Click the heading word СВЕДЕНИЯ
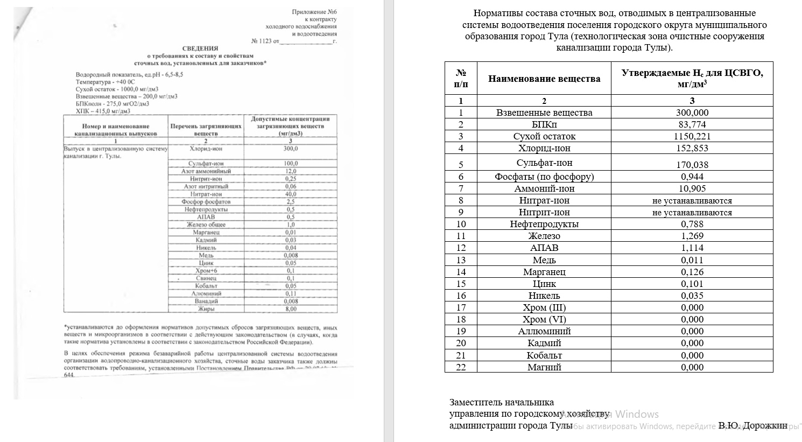coord(200,48)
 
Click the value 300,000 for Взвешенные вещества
coord(692,113)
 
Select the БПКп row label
coord(544,124)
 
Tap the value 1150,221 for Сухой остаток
coord(692,136)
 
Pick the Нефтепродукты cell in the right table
coord(544,224)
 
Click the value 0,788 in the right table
coord(692,224)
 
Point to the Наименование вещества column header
coord(544,79)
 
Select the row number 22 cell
coord(461,367)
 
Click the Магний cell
coord(544,367)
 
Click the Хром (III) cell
coord(544,307)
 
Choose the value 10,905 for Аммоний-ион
coord(692,188)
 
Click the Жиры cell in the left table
coord(206,309)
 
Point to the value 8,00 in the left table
coord(291,309)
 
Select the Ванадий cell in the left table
coord(206,301)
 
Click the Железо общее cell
coord(206,224)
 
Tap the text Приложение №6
coord(314,12)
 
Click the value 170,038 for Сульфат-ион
coord(692,165)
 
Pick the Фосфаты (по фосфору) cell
coord(544,177)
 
